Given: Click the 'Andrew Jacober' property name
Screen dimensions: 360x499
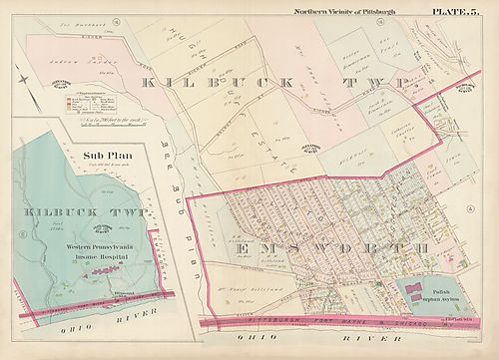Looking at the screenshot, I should pyautogui.click(x=56, y=57).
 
